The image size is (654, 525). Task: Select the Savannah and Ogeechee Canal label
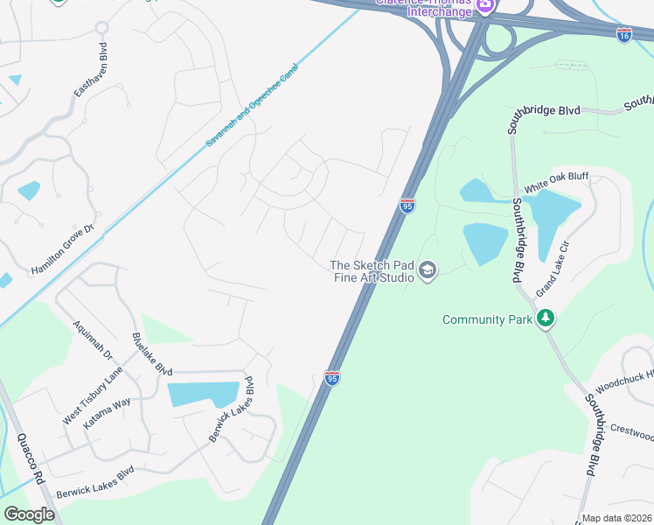[x=254, y=104]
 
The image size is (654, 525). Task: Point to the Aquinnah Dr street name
[x=94, y=335]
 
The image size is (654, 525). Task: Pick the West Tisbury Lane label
[x=93, y=397]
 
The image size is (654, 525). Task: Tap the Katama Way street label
[x=107, y=412]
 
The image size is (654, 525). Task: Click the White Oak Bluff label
[x=557, y=183]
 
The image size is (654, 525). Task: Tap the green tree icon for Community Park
[x=546, y=318]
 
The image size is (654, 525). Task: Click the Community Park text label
[x=487, y=319]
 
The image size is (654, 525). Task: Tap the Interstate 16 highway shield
[x=623, y=35]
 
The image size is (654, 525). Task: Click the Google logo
[x=29, y=514]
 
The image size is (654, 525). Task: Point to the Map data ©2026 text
[x=616, y=518]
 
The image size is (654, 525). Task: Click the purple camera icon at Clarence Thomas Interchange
[x=484, y=7]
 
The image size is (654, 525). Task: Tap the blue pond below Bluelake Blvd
[x=203, y=394]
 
